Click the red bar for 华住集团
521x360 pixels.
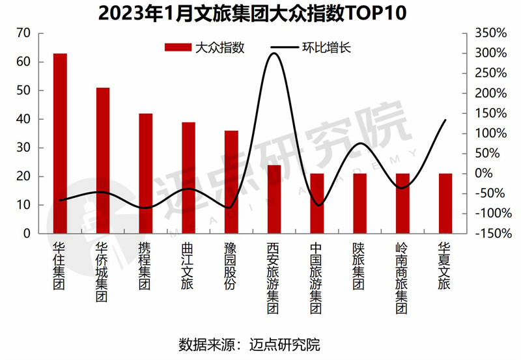[x=60, y=143]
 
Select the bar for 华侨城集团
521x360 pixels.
[x=103, y=160]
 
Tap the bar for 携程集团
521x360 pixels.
[x=146, y=173]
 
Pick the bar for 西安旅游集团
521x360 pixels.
[x=274, y=199]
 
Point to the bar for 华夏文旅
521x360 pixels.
[x=445, y=203]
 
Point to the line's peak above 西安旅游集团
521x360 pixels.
[x=274, y=53]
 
